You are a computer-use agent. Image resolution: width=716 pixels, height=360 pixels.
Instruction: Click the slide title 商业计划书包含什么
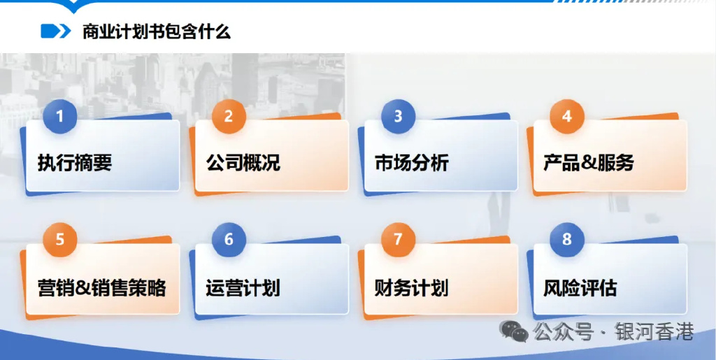click(157, 31)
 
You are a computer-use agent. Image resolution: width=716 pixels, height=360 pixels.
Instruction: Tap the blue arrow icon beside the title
click(56, 31)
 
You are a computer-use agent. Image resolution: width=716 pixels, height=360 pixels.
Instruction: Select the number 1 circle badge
click(59, 116)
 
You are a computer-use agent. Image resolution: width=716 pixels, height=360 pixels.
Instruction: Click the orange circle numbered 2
click(229, 116)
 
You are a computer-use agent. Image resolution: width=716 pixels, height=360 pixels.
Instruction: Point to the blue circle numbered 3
click(398, 116)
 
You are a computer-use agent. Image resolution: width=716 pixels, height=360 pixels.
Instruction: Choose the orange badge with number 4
click(567, 116)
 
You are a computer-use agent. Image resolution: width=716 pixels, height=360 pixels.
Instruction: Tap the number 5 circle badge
click(59, 240)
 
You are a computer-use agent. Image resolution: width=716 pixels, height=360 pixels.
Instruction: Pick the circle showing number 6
click(229, 240)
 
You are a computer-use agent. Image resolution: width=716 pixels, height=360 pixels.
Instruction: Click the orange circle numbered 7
click(398, 240)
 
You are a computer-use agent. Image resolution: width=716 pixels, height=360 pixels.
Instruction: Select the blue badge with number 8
click(567, 240)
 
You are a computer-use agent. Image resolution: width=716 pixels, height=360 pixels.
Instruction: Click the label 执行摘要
click(75, 163)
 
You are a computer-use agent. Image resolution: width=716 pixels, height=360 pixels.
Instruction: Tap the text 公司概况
click(243, 163)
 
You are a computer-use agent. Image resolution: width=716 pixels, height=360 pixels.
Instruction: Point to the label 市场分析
click(412, 163)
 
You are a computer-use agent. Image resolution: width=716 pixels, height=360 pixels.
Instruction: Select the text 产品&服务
click(589, 163)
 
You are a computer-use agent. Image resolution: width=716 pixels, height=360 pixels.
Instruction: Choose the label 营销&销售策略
click(102, 287)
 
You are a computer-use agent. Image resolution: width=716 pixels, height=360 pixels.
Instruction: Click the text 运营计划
click(243, 287)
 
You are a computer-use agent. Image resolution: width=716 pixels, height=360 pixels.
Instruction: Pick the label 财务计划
click(412, 287)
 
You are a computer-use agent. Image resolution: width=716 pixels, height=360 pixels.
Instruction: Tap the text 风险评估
click(580, 287)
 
